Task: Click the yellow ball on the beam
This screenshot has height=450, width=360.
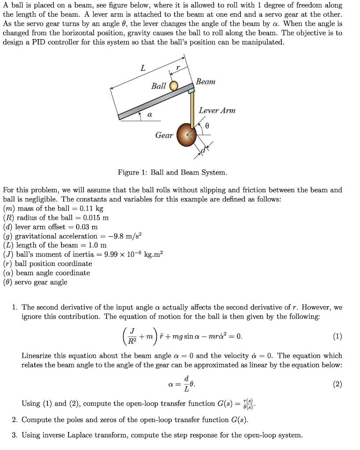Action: [174, 85]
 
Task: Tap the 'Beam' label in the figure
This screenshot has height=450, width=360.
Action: [206, 82]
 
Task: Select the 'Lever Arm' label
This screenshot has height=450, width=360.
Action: [217, 110]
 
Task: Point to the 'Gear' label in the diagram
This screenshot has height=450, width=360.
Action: [164, 135]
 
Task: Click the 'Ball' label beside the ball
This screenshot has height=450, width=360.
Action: [158, 86]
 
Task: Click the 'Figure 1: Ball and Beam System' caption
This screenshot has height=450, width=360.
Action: [172, 172]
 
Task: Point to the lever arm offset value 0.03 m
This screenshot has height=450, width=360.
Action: [87, 227]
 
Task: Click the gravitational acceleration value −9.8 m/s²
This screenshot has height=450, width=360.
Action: [121, 236]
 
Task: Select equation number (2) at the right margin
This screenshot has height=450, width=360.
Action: [337, 384]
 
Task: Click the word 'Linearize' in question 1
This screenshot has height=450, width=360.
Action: [37, 356]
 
